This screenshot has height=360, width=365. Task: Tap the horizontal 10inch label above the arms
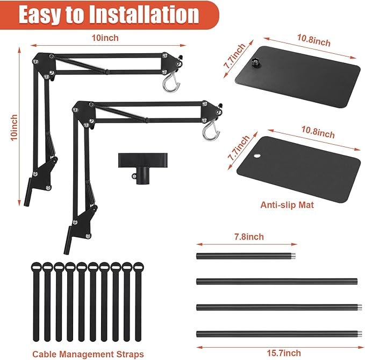coord(105,38)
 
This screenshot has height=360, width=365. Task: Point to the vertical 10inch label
coord(14,128)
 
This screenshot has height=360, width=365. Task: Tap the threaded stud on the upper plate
coord(253,62)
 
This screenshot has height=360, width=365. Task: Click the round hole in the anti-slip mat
coord(257,156)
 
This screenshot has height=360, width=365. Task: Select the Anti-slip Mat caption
coord(287,205)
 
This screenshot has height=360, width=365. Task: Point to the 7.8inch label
coord(249,237)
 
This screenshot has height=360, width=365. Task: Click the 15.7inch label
coord(283,353)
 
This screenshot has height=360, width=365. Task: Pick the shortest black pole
coord(246,256)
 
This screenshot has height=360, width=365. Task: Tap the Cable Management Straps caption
coord(88,354)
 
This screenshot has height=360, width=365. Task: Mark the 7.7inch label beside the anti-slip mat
coord(238,148)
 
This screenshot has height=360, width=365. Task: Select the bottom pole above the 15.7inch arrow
coord(279,334)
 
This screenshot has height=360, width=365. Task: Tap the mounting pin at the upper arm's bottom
coord(28,192)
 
